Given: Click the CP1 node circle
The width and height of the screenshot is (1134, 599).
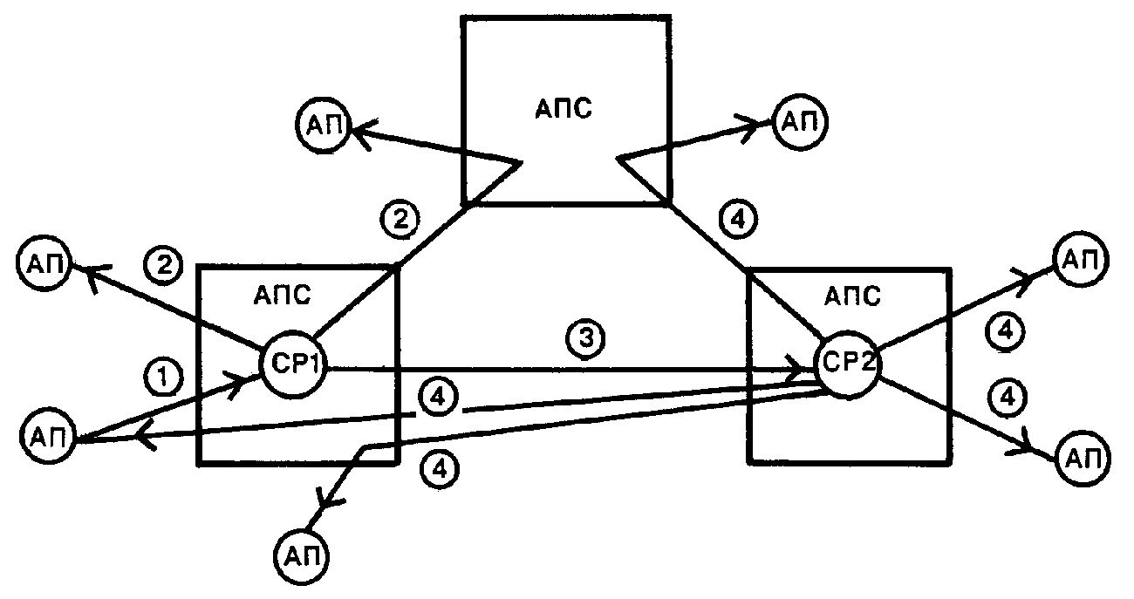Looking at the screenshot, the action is [293, 364].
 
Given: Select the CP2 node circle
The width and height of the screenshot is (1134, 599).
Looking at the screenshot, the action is [848, 364].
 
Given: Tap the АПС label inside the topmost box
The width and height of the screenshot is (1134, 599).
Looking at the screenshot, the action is [564, 109].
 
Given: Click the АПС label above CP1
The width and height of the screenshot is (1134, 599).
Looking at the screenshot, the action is [282, 296].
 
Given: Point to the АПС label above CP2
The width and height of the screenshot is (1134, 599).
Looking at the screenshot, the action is [852, 296].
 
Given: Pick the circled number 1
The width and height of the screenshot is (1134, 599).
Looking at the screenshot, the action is [163, 378].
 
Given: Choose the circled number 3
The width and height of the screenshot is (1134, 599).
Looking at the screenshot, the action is [585, 338].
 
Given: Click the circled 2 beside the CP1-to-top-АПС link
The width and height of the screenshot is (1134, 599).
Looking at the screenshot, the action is [400, 220].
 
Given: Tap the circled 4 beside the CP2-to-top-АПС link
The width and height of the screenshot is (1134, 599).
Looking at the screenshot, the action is [739, 220].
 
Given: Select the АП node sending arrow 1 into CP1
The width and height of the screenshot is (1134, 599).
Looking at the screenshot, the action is [48, 436].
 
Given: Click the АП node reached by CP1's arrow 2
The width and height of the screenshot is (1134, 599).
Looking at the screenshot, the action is [44, 263].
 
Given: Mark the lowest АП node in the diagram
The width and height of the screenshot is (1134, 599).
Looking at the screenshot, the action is [301, 556].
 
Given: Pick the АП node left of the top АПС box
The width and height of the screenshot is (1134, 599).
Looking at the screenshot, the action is [323, 125].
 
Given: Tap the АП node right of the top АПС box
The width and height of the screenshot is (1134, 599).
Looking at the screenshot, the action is [800, 122].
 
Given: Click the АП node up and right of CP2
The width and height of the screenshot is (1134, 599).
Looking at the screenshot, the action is [1081, 259].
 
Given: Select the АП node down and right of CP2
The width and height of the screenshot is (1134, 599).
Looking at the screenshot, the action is [1083, 459].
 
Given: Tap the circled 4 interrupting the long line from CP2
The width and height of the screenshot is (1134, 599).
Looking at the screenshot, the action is [439, 398].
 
